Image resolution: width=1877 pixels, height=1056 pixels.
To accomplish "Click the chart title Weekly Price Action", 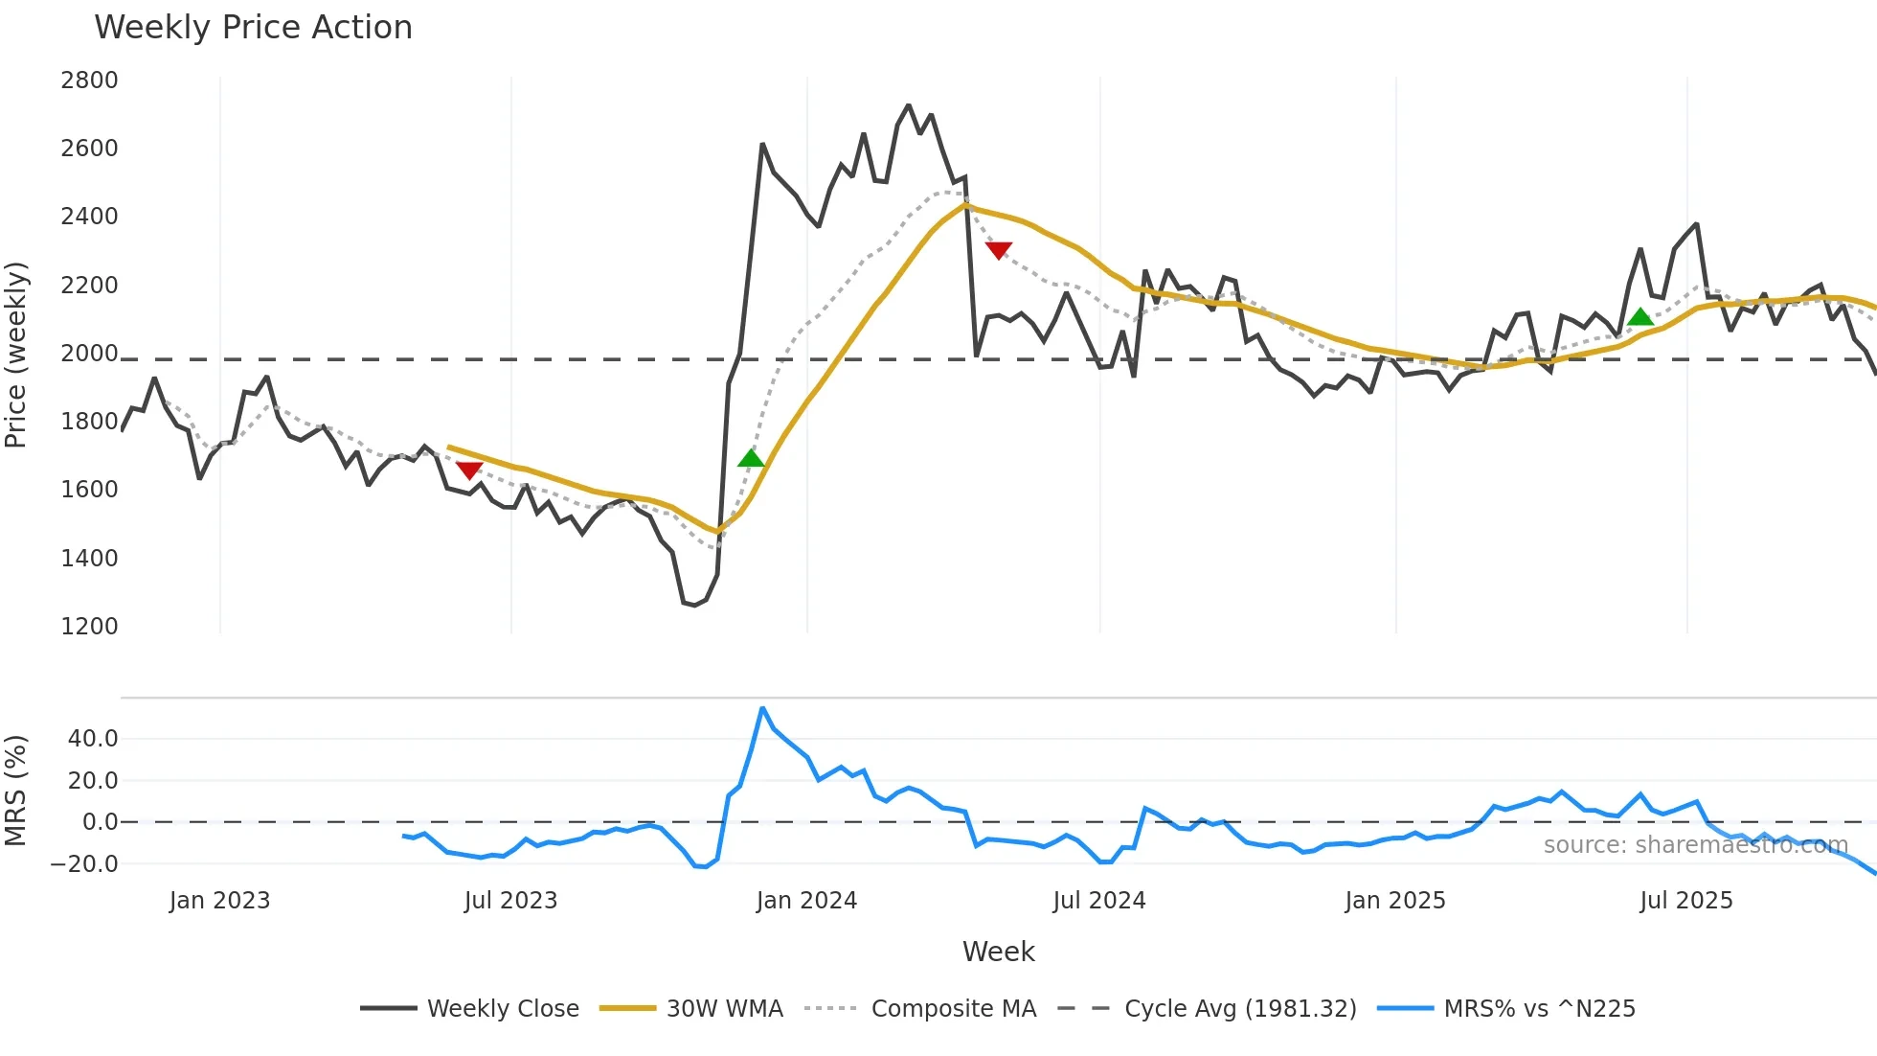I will (253, 28).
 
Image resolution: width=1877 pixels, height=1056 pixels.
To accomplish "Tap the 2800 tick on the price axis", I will (89, 80).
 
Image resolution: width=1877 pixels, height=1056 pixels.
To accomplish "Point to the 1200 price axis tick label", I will (89, 627).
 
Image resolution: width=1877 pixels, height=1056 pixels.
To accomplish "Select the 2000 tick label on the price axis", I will (89, 354).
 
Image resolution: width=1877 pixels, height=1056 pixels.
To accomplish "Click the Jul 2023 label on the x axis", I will (510, 901).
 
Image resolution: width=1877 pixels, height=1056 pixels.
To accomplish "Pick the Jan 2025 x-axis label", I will (1394, 901).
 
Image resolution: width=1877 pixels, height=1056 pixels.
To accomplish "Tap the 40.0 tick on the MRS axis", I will (93, 739).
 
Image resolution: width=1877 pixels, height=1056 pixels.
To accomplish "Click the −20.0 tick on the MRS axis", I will (84, 864).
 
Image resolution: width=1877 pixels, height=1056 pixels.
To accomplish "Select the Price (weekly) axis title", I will (16, 355).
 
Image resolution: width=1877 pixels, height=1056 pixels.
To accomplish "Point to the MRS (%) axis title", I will (16, 791).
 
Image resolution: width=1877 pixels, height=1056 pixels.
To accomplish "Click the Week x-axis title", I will (998, 952).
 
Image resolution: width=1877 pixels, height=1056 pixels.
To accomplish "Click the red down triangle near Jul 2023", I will (469, 470).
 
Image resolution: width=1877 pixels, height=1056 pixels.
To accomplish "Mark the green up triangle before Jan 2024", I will (752, 458).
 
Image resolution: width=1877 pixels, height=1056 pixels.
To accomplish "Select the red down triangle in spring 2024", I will (998, 250).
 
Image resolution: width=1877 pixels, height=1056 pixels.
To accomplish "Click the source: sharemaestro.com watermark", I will (1695, 845).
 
